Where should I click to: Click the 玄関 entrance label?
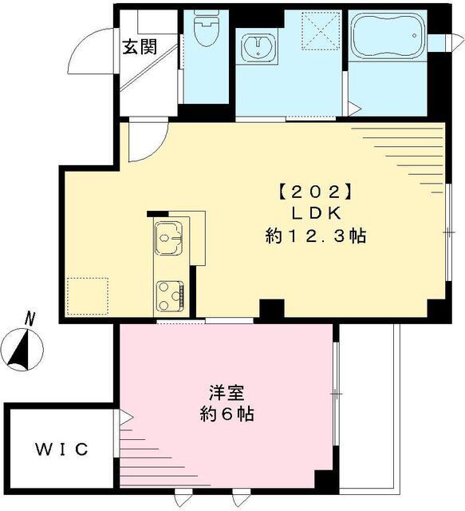139,46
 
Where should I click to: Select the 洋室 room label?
226,393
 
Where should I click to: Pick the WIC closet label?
61,449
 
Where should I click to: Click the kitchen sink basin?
169,236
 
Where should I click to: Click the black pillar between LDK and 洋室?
272,309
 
